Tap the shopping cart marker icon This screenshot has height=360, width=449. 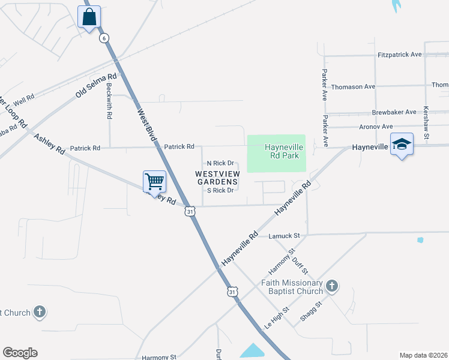[x=154, y=181]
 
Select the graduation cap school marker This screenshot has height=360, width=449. [x=402, y=145]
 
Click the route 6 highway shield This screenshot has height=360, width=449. [x=104, y=38]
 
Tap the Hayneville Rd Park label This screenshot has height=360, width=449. [x=283, y=151]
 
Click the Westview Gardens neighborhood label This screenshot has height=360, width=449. [x=217, y=177]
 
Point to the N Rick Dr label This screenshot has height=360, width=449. [x=220, y=163]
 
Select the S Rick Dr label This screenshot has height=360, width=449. [x=220, y=190]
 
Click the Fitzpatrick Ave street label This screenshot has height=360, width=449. [x=400, y=54]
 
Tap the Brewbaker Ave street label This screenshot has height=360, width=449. [x=394, y=112]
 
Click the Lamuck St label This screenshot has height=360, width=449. [x=284, y=236]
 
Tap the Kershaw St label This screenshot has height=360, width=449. [x=426, y=124]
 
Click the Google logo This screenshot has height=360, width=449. [x=20, y=353]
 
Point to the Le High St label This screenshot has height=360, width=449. [x=277, y=318]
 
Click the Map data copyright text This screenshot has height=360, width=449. [x=423, y=355]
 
